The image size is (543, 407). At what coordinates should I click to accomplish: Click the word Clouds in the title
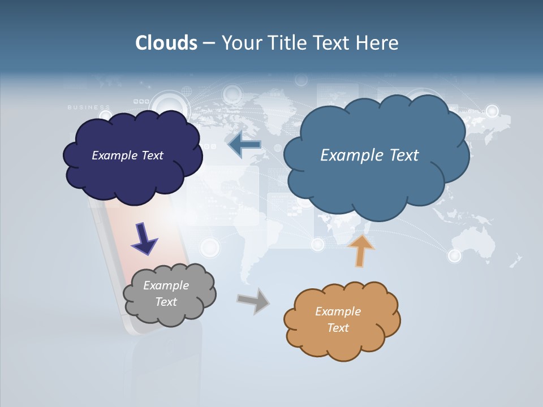[x=166, y=43]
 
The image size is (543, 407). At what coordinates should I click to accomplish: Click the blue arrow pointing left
[x=244, y=145]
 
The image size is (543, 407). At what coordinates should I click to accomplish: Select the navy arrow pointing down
[x=144, y=238]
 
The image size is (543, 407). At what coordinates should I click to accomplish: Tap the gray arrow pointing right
[x=253, y=301]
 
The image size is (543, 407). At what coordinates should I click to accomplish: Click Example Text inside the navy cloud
[x=127, y=155]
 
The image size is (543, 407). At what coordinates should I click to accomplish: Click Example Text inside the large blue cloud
[x=369, y=155]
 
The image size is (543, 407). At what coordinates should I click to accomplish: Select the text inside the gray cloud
[x=166, y=294]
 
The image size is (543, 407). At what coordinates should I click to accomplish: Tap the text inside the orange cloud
[x=338, y=319]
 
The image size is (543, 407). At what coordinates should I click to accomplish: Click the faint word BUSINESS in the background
[x=89, y=107]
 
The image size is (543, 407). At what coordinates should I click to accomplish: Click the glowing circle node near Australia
[x=455, y=256]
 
